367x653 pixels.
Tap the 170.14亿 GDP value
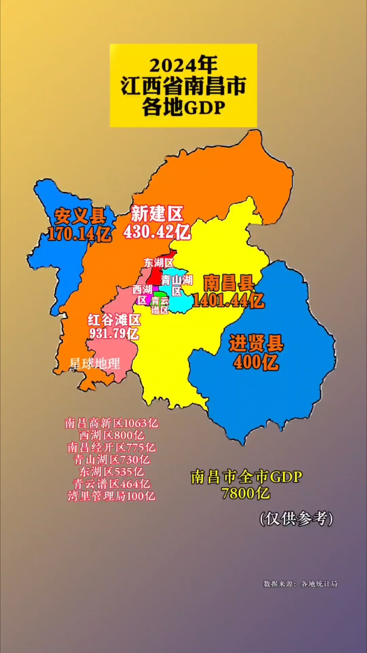tap(80, 234)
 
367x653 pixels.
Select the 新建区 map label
tap(157, 214)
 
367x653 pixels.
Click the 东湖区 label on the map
tap(158, 263)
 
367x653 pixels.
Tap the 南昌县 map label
tap(229, 283)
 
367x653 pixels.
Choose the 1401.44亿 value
tap(228, 301)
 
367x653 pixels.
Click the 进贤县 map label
tap(256, 343)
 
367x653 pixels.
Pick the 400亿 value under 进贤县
tap(256, 362)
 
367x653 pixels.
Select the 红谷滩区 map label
tap(114, 320)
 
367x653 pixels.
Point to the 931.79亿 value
tap(114, 333)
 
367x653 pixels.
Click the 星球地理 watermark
tap(95, 364)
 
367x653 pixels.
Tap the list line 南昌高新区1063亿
tap(112, 423)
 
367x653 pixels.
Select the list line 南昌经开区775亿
tap(112, 448)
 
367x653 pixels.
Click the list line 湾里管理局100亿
tap(112, 496)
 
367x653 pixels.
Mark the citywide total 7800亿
tap(246, 493)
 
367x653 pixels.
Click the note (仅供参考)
tap(296, 519)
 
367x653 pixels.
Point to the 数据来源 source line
tap(300, 584)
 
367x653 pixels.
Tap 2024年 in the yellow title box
tap(183, 65)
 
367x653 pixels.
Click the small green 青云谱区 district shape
tap(157, 294)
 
